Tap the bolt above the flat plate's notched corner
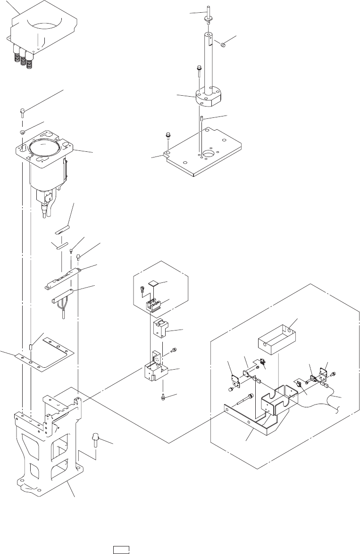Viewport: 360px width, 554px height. click(x=167, y=137)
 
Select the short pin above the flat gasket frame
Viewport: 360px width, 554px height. click(x=31, y=347)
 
